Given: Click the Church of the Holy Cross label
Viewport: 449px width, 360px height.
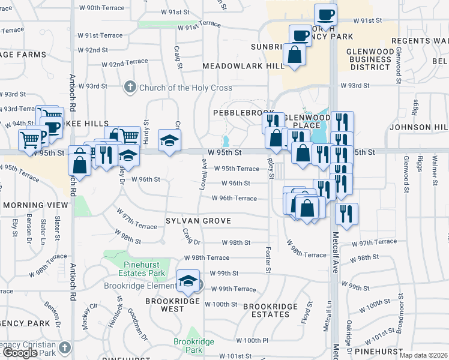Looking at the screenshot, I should click(185, 88).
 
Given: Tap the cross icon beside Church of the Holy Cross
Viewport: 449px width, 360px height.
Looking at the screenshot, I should click(129, 88).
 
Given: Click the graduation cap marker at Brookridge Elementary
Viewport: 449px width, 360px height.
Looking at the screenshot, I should click(188, 281).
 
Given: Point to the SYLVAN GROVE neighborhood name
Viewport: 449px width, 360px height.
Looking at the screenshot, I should click(198, 221).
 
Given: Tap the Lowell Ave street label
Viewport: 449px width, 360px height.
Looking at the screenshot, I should click(203, 175).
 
